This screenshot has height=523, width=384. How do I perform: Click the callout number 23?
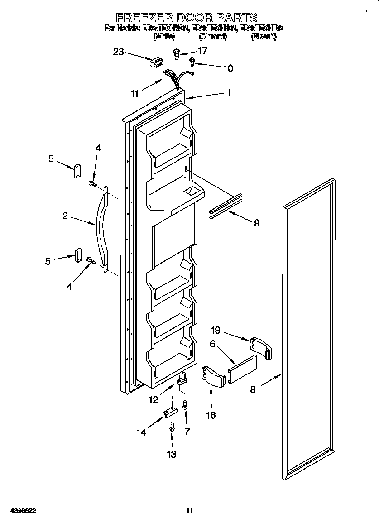coord(118,52)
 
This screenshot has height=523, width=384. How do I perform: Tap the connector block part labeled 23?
coord(156,62)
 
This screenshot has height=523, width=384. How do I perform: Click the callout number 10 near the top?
coord(228,68)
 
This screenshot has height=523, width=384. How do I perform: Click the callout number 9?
coord(256,222)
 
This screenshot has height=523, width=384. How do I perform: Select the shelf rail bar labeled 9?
coord(225,206)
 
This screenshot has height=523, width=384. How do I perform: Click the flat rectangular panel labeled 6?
coord(243,366)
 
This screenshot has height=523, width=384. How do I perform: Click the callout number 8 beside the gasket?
coord(253,389)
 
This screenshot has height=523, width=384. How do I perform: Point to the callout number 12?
coord(154,399)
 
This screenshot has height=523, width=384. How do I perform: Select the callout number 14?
coord(142,432)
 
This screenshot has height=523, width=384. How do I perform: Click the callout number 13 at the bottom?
coord(172,454)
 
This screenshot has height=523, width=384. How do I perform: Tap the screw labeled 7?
coord(185,405)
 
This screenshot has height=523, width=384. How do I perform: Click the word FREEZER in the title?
coord(143,18)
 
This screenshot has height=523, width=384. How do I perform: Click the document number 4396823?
coord(21,510)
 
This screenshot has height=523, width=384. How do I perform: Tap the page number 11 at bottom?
coord(190,510)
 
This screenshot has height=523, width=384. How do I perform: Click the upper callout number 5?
coord(51,158)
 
